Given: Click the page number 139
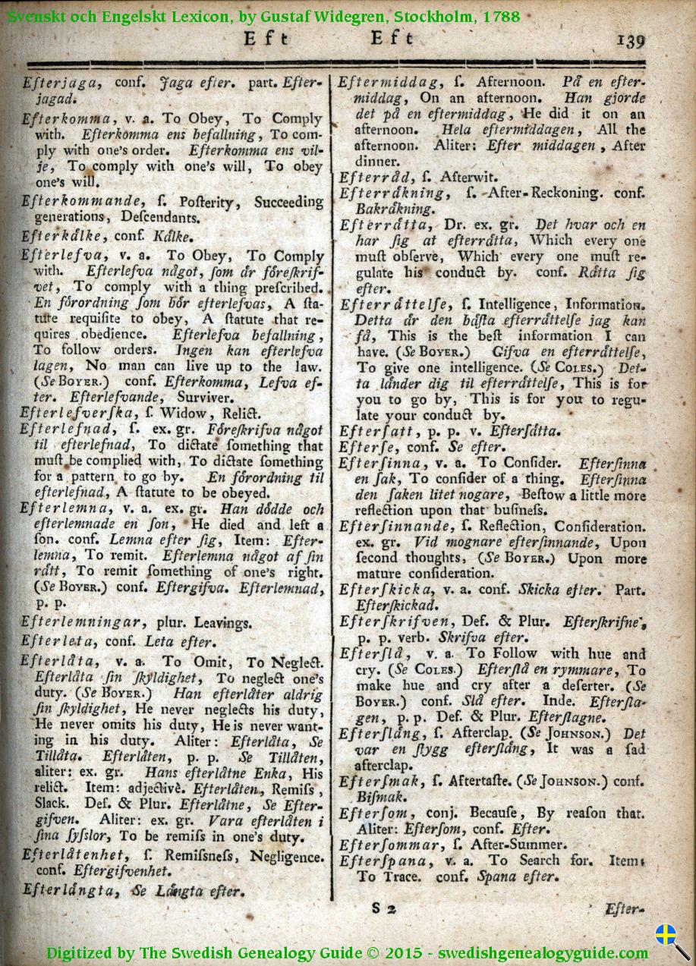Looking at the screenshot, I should (631, 40).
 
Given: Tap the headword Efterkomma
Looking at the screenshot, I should (68, 119).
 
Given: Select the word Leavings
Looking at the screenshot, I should (223, 623).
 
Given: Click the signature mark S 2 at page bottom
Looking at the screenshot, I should (385, 907).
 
